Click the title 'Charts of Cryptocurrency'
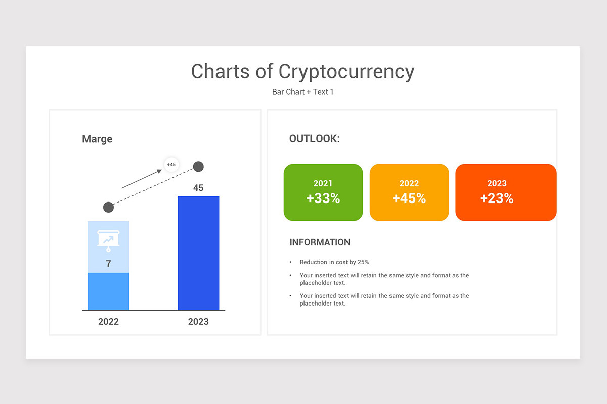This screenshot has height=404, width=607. point(302,71)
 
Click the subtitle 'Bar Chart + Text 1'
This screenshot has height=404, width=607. point(302,92)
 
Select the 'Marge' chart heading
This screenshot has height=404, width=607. point(97,139)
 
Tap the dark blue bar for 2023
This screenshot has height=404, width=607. point(198,252)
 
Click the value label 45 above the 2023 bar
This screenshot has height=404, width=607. point(198,188)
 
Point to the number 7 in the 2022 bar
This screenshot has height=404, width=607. point(108,264)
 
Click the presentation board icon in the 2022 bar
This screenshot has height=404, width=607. point(108,241)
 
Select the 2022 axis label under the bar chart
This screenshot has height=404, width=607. point(108,322)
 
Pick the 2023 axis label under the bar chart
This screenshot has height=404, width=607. point(198,322)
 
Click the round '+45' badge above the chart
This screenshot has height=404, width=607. point(171,164)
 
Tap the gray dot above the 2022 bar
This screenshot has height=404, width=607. point(108,207)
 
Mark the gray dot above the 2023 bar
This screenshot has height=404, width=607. point(198,166)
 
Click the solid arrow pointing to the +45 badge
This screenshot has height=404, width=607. point(142,179)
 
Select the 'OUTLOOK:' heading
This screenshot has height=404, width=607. point(315,139)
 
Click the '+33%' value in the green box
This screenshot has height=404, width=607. point(323,198)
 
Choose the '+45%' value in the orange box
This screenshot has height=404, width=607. point(409,198)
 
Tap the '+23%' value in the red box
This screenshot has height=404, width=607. point(497,198)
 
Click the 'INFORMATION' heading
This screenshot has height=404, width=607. point(320,242)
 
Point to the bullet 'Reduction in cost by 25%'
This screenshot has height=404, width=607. point(334,262)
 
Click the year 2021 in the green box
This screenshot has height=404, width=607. point(323,183)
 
